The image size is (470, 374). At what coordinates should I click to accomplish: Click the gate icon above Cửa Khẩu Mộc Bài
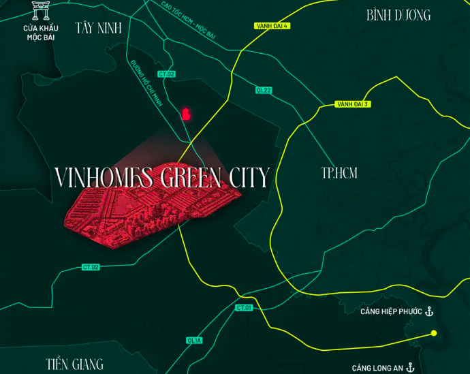41,12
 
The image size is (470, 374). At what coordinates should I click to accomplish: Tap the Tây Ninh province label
99,28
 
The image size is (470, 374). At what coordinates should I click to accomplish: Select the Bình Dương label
398,15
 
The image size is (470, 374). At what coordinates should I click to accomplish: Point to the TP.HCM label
339,173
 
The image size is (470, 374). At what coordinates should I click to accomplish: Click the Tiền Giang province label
75,363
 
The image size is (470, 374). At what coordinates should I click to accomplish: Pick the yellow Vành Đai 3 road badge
352,104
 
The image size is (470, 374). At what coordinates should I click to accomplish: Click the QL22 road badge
264,90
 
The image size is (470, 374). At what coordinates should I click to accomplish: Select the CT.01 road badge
245,308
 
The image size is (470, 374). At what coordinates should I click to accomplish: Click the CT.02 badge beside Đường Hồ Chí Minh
166,74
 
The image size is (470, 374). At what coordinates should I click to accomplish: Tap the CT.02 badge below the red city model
91,267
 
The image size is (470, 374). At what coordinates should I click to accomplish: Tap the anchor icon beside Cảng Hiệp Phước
429,311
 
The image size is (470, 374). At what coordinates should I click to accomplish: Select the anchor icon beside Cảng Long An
410,367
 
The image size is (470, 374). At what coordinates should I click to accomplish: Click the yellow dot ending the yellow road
433,333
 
